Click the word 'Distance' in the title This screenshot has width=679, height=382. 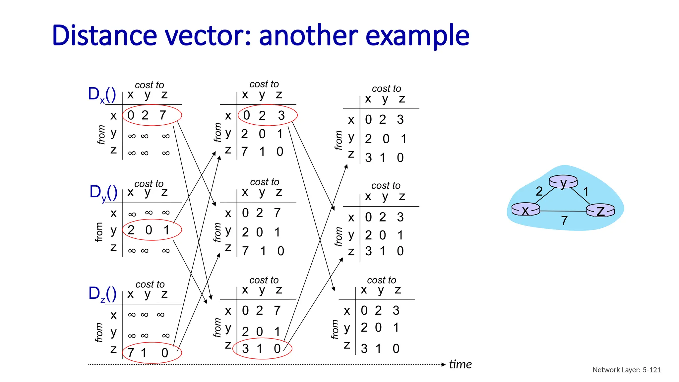(105, 36)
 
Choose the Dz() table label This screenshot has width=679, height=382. (102, 294)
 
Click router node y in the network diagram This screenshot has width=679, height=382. (563, 182)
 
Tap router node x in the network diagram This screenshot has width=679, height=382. (525, 210)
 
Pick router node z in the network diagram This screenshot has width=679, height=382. (600, 211)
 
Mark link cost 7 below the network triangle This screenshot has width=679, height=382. (564, 221)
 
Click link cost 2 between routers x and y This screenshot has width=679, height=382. (539, 191)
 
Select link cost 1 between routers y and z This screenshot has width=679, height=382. (586, 191)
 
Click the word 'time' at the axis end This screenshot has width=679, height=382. (460, 364)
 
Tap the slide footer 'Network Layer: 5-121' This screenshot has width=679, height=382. (626, 370)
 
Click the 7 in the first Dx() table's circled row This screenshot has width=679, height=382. (162, 115)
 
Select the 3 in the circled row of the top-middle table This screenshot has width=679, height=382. (281, 115)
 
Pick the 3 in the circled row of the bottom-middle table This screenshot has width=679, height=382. (245, 349)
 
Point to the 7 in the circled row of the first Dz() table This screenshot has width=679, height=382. (131, 353)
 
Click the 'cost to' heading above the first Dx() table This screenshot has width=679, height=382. (149, 85)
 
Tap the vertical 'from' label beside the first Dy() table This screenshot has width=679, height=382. (99, 232)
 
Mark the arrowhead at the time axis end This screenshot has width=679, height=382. (444, 364)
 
